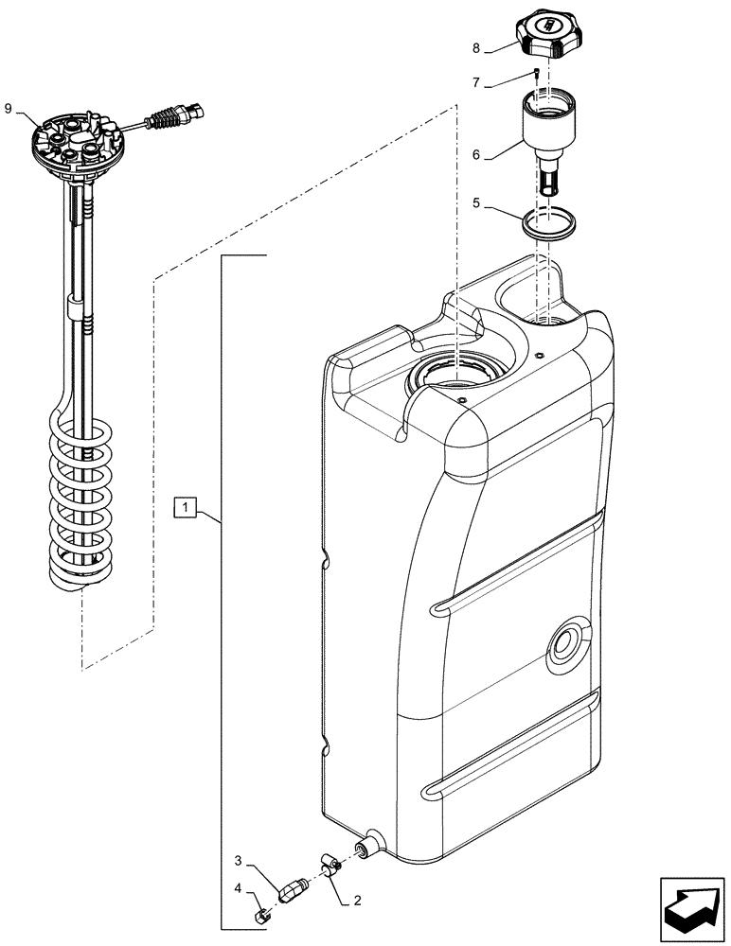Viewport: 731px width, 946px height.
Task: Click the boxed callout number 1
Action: click(187, 509)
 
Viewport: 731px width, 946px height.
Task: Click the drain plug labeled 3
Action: click(292, 888)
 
